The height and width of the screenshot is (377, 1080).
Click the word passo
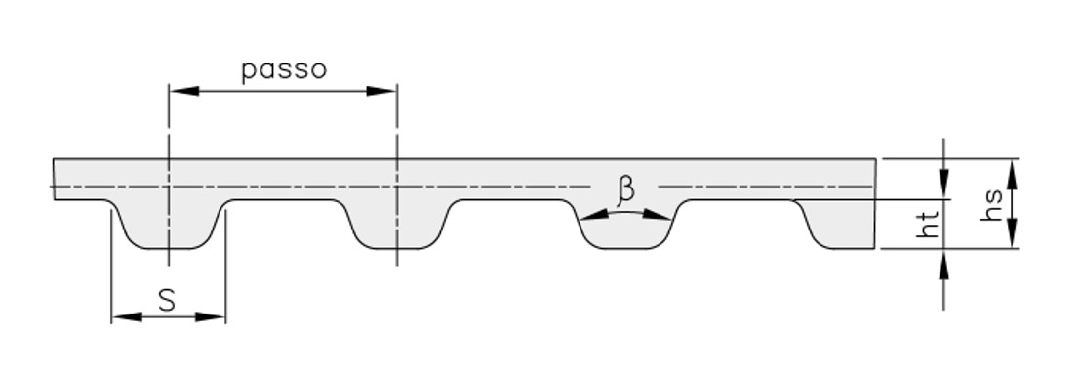click(x=284, y=70)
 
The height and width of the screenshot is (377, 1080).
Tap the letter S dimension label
click(x=167, y=300)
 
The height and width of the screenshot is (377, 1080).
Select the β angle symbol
click(x=625, y=189)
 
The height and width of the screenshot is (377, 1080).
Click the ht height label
click(x=928, y=224)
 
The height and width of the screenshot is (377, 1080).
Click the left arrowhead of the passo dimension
click(x=184, y=91)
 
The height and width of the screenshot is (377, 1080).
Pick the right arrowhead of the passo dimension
click(x=381, y=91)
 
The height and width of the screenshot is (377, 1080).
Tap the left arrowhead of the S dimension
click(x=127, y=317)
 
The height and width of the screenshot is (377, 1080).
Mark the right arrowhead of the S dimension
click(x=211, y=317)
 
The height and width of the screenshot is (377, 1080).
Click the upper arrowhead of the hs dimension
click(x=1012, y=174)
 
